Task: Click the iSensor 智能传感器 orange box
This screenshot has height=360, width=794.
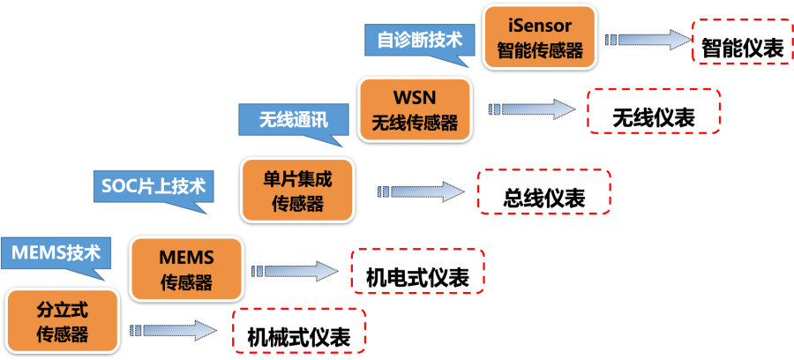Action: [x=540, y=36]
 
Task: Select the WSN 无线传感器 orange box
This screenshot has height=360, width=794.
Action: [x=415, y=109]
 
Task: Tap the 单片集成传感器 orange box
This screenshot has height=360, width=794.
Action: [x=297, y=191]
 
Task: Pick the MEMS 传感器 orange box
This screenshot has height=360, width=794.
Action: [x=186, y=268]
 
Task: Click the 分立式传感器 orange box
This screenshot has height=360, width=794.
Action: [x=62, y=320]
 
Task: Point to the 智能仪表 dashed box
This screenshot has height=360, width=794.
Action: [x=742, y=49]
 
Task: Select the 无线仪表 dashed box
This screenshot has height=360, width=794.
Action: [x=654, y=117]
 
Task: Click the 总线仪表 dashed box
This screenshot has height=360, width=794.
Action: [x=543, y=191]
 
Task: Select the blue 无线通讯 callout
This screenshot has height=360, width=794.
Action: [x=294, y=119]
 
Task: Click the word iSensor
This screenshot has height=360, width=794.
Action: [x=540, y=24]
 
